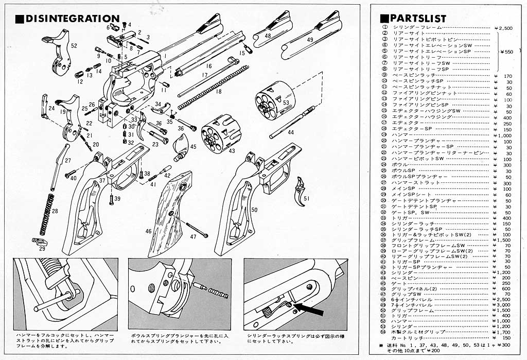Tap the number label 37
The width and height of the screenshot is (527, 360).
pyautogui.click(x=102, y=180)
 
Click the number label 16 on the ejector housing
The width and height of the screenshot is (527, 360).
pyautogui.click(x=208, y=66)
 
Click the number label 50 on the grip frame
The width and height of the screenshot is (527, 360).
pyautogui.click(x=254, y=210)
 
